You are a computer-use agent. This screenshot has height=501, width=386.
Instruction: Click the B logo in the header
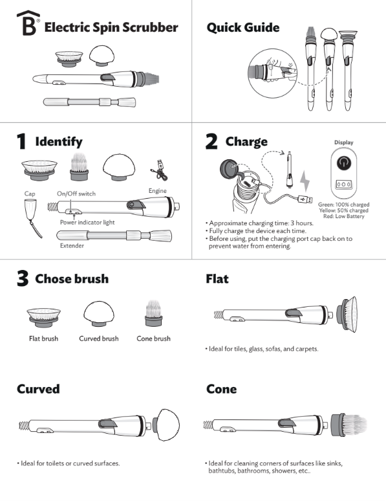point(28,23)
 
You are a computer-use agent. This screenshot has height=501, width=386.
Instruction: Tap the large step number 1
point(21,142)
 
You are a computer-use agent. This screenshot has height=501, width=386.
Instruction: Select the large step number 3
point(23,278)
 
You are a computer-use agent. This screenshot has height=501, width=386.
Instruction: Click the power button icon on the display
point(343,163)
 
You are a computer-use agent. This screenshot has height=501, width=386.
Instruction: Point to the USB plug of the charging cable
point(305,199)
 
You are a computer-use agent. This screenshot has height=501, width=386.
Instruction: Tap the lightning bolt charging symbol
point(305,181)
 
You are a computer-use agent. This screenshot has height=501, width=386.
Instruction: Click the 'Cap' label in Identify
point(30,194)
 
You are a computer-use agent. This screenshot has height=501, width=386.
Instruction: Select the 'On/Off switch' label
point(76,194)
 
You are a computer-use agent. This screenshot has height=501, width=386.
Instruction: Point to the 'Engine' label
point(157,191)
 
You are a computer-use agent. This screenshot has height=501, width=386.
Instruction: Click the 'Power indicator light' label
point(87,223)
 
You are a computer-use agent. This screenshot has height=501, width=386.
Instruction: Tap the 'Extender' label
point(72,246)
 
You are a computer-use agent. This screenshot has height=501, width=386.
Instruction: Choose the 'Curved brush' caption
point(99,339)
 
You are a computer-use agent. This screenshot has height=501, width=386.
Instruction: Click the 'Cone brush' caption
point(154,339)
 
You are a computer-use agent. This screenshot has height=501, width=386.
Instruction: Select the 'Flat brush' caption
point(43,339)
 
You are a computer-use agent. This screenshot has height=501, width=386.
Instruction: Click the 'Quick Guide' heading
point(243,27)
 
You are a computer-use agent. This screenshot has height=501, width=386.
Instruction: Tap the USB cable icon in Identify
point(158,170)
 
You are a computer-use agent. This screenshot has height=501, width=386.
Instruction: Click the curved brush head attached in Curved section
point(166,425)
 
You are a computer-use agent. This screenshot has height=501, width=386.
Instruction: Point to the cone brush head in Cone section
point(348,425)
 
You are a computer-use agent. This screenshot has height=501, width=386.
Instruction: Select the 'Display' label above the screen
point(343,142)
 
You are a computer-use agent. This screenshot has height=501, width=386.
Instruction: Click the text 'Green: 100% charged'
point(343,205)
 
